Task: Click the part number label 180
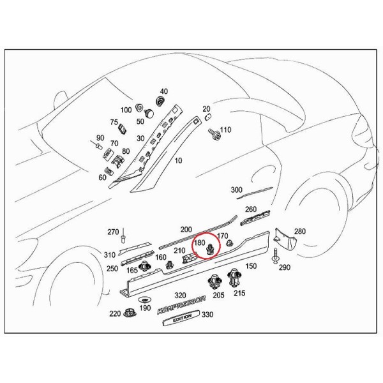[200, 243]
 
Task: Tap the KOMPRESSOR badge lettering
[181, 305]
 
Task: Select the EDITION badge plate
[181, 318]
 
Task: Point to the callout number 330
[207, 314]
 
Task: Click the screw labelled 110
[214, 133]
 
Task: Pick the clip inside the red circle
[210, 249]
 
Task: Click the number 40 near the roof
[164, 91]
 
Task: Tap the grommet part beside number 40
[160, 101]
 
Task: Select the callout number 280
[300, 231]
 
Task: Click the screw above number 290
[276, 256]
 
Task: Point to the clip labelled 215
[234, 278]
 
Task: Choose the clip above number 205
[214, 282]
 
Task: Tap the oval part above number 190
[144, 300]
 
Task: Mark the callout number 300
[236, 190]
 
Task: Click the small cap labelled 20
[207, 116]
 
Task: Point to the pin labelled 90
[97, 145]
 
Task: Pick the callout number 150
[251, 266]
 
